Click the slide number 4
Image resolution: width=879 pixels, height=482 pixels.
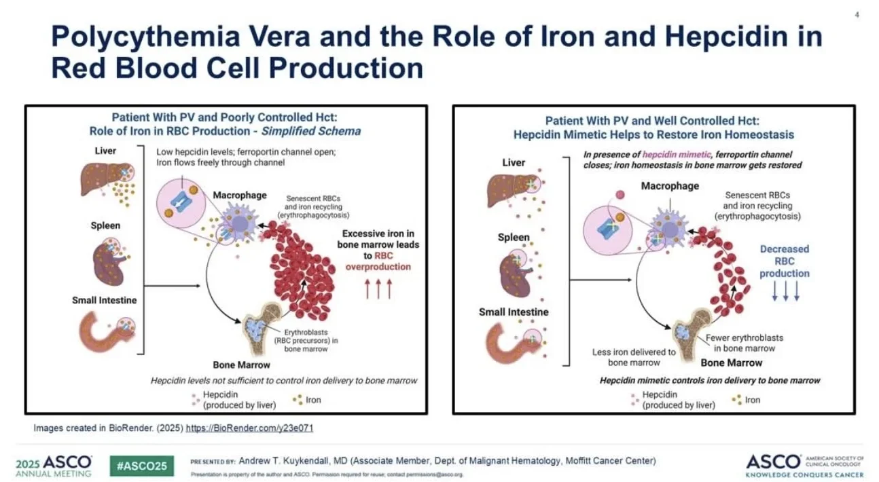pyautogui.click(x=857, y=15)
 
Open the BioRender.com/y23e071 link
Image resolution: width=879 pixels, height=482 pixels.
pyautogui.click(x=249, y=428)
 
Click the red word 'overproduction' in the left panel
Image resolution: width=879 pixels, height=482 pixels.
pyautogui.click(x=378, y=267)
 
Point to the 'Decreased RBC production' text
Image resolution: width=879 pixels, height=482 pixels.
pyautogui.click(x=785, y=261)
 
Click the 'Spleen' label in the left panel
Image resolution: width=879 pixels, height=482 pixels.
pyautogui.click(x=105, y=225)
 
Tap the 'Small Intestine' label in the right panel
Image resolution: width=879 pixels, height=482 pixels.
pyautogui.click(x=514, y=312)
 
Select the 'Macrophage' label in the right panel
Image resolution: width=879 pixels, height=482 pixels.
pyautogui.click(x=670, y=186)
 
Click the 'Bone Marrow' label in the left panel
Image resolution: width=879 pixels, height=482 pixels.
pyautogui.click(x=262, y=365)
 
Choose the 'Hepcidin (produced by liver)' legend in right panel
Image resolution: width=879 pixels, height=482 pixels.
pyautogui.click(x=678, y=399)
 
